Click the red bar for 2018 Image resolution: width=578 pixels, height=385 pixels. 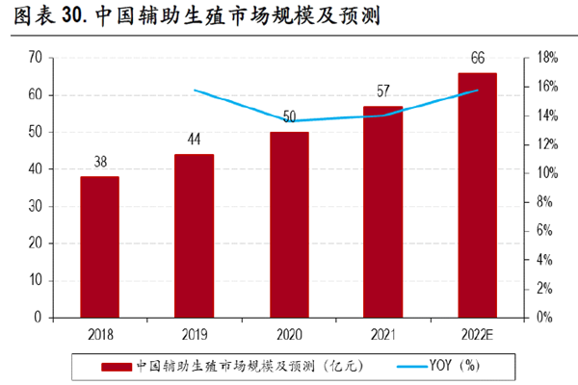99,246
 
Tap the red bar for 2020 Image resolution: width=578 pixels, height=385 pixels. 288,224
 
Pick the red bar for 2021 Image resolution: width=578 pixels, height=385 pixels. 382,211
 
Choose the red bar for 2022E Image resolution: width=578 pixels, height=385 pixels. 477,194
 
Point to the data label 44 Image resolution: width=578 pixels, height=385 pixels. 194,141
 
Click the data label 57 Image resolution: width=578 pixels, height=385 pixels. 382,93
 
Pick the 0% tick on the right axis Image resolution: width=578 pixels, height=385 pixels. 543,317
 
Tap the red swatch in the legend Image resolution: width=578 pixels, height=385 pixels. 116,366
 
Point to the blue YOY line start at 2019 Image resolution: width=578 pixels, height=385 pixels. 195,90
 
